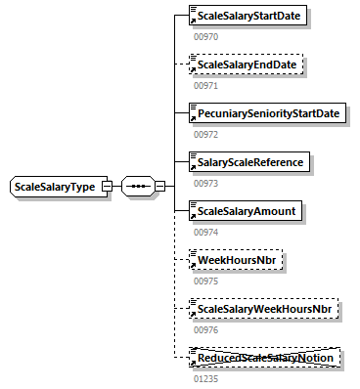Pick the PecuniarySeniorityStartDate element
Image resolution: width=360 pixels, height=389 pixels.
point(266,113)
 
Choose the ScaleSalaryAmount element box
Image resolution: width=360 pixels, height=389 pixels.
point(247,211)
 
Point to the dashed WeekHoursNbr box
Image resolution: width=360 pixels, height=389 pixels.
point(235,261)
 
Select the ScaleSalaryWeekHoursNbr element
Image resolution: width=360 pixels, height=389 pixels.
point(264,310)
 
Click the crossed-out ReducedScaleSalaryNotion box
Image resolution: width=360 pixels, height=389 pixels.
point(264,359)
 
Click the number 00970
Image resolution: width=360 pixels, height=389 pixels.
point(204,36)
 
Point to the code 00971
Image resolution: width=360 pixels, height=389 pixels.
point(204,85)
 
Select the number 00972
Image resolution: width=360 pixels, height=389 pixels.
point(204,134)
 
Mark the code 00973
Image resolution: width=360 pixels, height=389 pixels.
point(204,183)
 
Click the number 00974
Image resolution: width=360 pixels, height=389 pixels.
point(204,233)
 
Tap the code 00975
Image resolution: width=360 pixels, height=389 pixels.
point(204,281)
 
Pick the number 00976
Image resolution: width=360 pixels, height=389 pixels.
point(204,330)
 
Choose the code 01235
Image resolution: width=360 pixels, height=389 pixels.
point(204,379)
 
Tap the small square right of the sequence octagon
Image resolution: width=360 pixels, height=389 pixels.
point(159,187)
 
